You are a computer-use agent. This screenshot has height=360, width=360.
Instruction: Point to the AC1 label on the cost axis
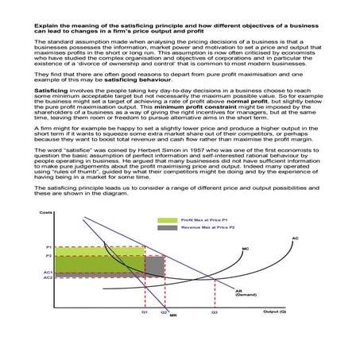(x=48, y=272)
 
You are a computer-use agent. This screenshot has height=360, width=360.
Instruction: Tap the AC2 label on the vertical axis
(x=48, y=277)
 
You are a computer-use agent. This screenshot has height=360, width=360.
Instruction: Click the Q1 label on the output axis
(x=145, y=312)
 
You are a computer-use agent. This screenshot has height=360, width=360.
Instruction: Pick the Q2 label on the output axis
(x=164, y=312)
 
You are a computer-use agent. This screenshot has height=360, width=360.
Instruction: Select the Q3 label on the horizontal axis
(x=214, y=312)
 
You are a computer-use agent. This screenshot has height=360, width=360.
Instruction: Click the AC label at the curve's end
(x=295, y=238)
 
